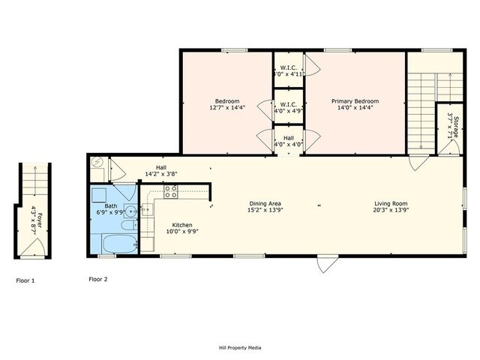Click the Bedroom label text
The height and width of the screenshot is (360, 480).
[226, 101]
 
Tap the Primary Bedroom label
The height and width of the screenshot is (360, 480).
[356, 101]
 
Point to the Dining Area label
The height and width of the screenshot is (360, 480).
[265, 203]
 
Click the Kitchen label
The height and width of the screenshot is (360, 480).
[183, 225]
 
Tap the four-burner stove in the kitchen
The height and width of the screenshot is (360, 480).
[170, 192]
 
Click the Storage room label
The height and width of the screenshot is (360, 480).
[450, 126]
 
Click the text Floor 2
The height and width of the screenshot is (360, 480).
[98, 280]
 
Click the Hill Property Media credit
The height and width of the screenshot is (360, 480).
[239, 347]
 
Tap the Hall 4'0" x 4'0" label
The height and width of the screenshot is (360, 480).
[288, 141]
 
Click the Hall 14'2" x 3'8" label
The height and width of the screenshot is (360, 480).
[160, 171]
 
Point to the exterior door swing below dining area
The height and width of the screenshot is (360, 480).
[325, 264]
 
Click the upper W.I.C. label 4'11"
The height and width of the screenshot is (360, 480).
[288, 70]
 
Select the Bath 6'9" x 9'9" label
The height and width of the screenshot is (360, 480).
[112, 209]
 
